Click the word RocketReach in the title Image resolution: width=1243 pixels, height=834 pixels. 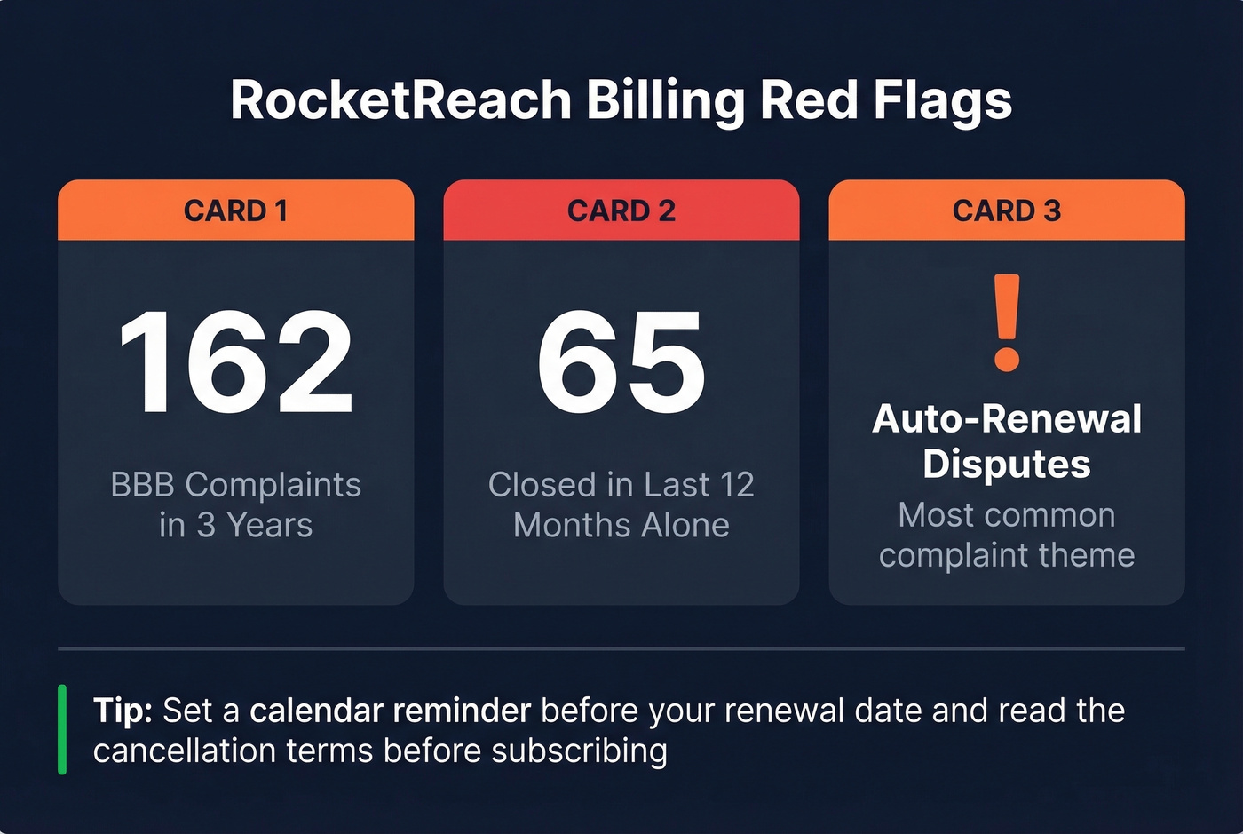[x=400, y=99]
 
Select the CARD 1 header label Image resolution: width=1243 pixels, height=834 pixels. [x=235, y=210]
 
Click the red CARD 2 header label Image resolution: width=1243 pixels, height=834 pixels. [x=621, y=210]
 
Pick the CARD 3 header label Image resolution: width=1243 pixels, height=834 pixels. [x=1006, y=210]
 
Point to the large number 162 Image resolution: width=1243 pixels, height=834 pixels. [x=236, y=362]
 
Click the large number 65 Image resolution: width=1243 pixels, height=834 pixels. [x=621, y=362]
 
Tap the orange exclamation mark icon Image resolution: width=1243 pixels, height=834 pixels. [x=1007, y=322]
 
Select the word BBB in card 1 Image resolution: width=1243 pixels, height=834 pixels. [x=144, y=485]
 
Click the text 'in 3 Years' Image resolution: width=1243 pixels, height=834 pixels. [x=235, y=525]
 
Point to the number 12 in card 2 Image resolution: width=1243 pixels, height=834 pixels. [x=736, y=485]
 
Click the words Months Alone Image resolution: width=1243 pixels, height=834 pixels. [x=621, y=525]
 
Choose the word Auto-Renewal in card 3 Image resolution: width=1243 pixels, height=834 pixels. [x=1006, y=418]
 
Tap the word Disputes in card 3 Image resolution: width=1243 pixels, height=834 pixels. [x=1006, y=464]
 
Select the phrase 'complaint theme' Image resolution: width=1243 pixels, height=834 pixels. [x=1006, y=555]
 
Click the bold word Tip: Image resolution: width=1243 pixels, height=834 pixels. [x=123, y=711]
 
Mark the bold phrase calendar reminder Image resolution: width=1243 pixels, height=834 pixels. [x=390, y=711]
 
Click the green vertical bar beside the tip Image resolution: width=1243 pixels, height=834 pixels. [x=62, y=729]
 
